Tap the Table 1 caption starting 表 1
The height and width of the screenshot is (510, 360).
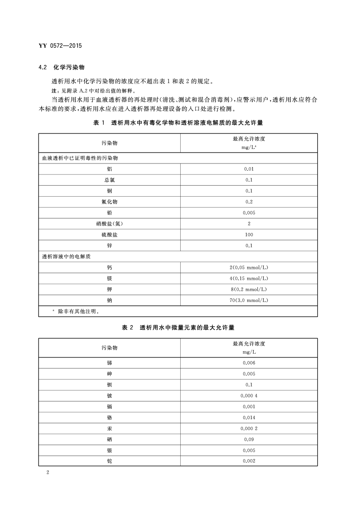178,123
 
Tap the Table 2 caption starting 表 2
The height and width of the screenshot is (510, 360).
178,327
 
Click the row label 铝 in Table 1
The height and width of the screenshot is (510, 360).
109,169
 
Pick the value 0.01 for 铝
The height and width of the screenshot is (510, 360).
249,169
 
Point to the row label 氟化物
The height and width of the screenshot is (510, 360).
109,202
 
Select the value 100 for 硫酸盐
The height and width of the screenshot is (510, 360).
249,235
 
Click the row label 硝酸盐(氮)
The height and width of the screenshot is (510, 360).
109,223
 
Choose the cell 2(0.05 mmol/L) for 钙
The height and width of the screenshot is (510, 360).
249,267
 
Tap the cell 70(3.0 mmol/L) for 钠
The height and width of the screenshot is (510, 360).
249,300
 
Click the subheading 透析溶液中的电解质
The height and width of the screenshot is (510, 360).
66,257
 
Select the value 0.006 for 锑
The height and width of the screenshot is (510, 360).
249,363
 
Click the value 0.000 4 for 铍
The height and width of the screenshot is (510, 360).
249,396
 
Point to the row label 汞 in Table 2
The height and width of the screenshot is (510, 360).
109,428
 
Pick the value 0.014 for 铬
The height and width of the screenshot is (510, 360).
249,417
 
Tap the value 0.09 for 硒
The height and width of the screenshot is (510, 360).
249,439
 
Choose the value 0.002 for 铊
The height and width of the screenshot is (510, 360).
249,461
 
